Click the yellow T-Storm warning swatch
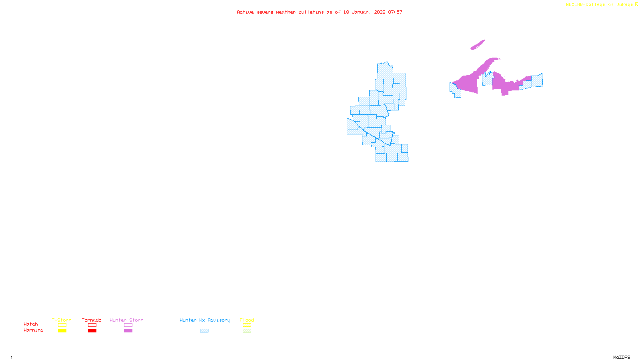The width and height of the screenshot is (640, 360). click(62, 331)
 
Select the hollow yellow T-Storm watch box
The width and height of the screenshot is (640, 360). click(62, 325)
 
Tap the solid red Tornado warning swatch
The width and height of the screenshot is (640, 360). click(92, 331)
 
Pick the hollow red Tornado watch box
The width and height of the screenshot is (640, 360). click(92, 325)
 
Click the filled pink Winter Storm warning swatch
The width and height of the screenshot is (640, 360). click(128, 331)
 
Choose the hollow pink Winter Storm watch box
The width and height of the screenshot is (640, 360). click(128, 325)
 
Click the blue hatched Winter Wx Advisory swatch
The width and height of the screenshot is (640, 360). click(204, 331)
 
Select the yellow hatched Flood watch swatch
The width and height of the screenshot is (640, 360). click(247, 325)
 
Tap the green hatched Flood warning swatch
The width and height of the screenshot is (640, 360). click(247, 331)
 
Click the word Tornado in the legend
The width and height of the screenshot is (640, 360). click(92, 320)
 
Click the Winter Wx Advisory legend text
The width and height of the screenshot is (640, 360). click(205, 320)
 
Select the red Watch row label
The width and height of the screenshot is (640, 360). click(31, 324)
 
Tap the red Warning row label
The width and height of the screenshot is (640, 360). click(33, 330)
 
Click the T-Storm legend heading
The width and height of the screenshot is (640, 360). click(62, 320)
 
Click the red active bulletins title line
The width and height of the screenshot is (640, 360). click(319, 12)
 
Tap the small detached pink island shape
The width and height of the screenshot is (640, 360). click(478, 45)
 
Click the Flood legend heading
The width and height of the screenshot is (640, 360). click(247, 320)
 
